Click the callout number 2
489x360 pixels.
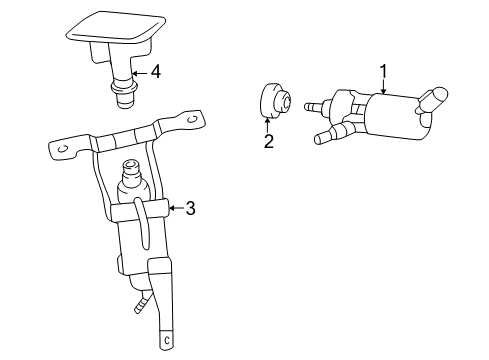pyautogui.click(x=268, y=141)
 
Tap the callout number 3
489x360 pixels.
pyautogui.click(x=190, y=208)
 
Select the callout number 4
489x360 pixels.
pyautogui.click(x=154, y=72)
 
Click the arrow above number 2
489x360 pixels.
pyautogui.click(x=268, y=124)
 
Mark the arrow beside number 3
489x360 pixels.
pyautogui.click(x=175, y=208)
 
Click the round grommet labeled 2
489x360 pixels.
pyautogui.click(x=273, y=101)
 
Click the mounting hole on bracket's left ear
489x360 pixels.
pyautogui.click(x=62, y=150)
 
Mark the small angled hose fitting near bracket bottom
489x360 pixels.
pyautogui.click(x=144, y=299)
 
